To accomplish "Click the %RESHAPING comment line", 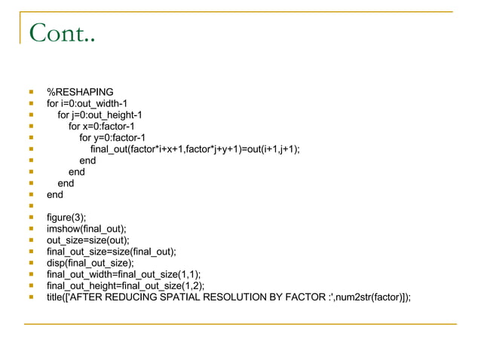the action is click(80, 93).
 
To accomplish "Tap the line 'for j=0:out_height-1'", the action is click(100, 115).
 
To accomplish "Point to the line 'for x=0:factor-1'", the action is click(101, 127).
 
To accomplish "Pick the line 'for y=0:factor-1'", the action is click(112, 138).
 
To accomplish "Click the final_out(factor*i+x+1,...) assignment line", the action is click(195, 149).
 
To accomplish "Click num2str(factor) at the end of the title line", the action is click(379, 297).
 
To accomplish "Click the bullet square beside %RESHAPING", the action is click(31, 93).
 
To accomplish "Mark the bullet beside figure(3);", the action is click(31, 218).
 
